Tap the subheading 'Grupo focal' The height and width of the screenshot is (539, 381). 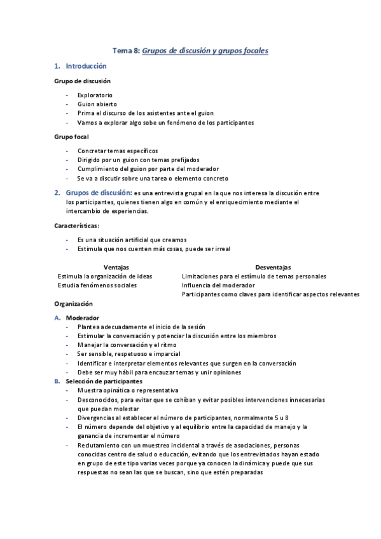(71, 137)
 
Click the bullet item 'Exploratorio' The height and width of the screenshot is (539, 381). (95, 95)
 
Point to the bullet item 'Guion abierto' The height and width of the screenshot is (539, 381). (97, 104)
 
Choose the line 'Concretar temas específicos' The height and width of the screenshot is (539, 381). (117, 151)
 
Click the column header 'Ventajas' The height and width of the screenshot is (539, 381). (116, 268)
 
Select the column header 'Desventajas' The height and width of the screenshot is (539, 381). (274, 268)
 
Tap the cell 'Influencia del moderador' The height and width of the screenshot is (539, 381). (218, 285)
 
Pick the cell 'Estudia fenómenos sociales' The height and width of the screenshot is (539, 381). (97, 285)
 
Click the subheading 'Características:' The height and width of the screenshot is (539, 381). (76, 225)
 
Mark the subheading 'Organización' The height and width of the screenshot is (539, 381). (74, 304)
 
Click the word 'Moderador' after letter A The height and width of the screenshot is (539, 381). (82, 318)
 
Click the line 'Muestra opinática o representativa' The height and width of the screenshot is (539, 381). (128, 390)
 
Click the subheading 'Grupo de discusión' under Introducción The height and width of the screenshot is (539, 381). (83, 81)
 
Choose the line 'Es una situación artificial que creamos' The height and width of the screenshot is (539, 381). (132, 240)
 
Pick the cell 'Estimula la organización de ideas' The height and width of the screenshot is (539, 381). (105, 276)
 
